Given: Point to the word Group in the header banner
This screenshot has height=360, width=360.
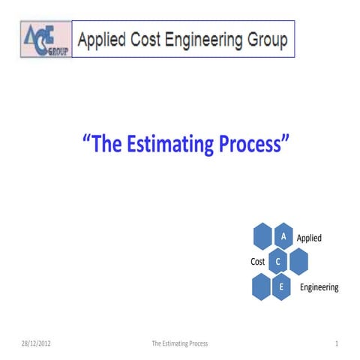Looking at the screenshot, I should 268,40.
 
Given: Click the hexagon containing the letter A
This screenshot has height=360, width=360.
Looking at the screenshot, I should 283,236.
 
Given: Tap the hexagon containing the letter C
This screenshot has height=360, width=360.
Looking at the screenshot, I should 278,261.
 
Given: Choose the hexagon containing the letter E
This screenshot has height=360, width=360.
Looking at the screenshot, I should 281,286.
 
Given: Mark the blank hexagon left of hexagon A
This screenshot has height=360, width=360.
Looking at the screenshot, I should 262,236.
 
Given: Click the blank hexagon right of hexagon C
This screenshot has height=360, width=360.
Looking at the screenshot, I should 298,261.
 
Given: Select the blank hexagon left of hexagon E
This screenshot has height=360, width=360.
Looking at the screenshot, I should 261,286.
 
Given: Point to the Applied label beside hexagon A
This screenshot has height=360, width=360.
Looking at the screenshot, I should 309,238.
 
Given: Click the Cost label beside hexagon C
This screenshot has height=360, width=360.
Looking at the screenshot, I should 257,262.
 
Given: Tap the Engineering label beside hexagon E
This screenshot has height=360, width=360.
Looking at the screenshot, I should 319,287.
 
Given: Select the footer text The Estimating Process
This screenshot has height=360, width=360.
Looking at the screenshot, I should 179,343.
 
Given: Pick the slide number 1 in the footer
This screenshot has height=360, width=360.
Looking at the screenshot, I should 337,343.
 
